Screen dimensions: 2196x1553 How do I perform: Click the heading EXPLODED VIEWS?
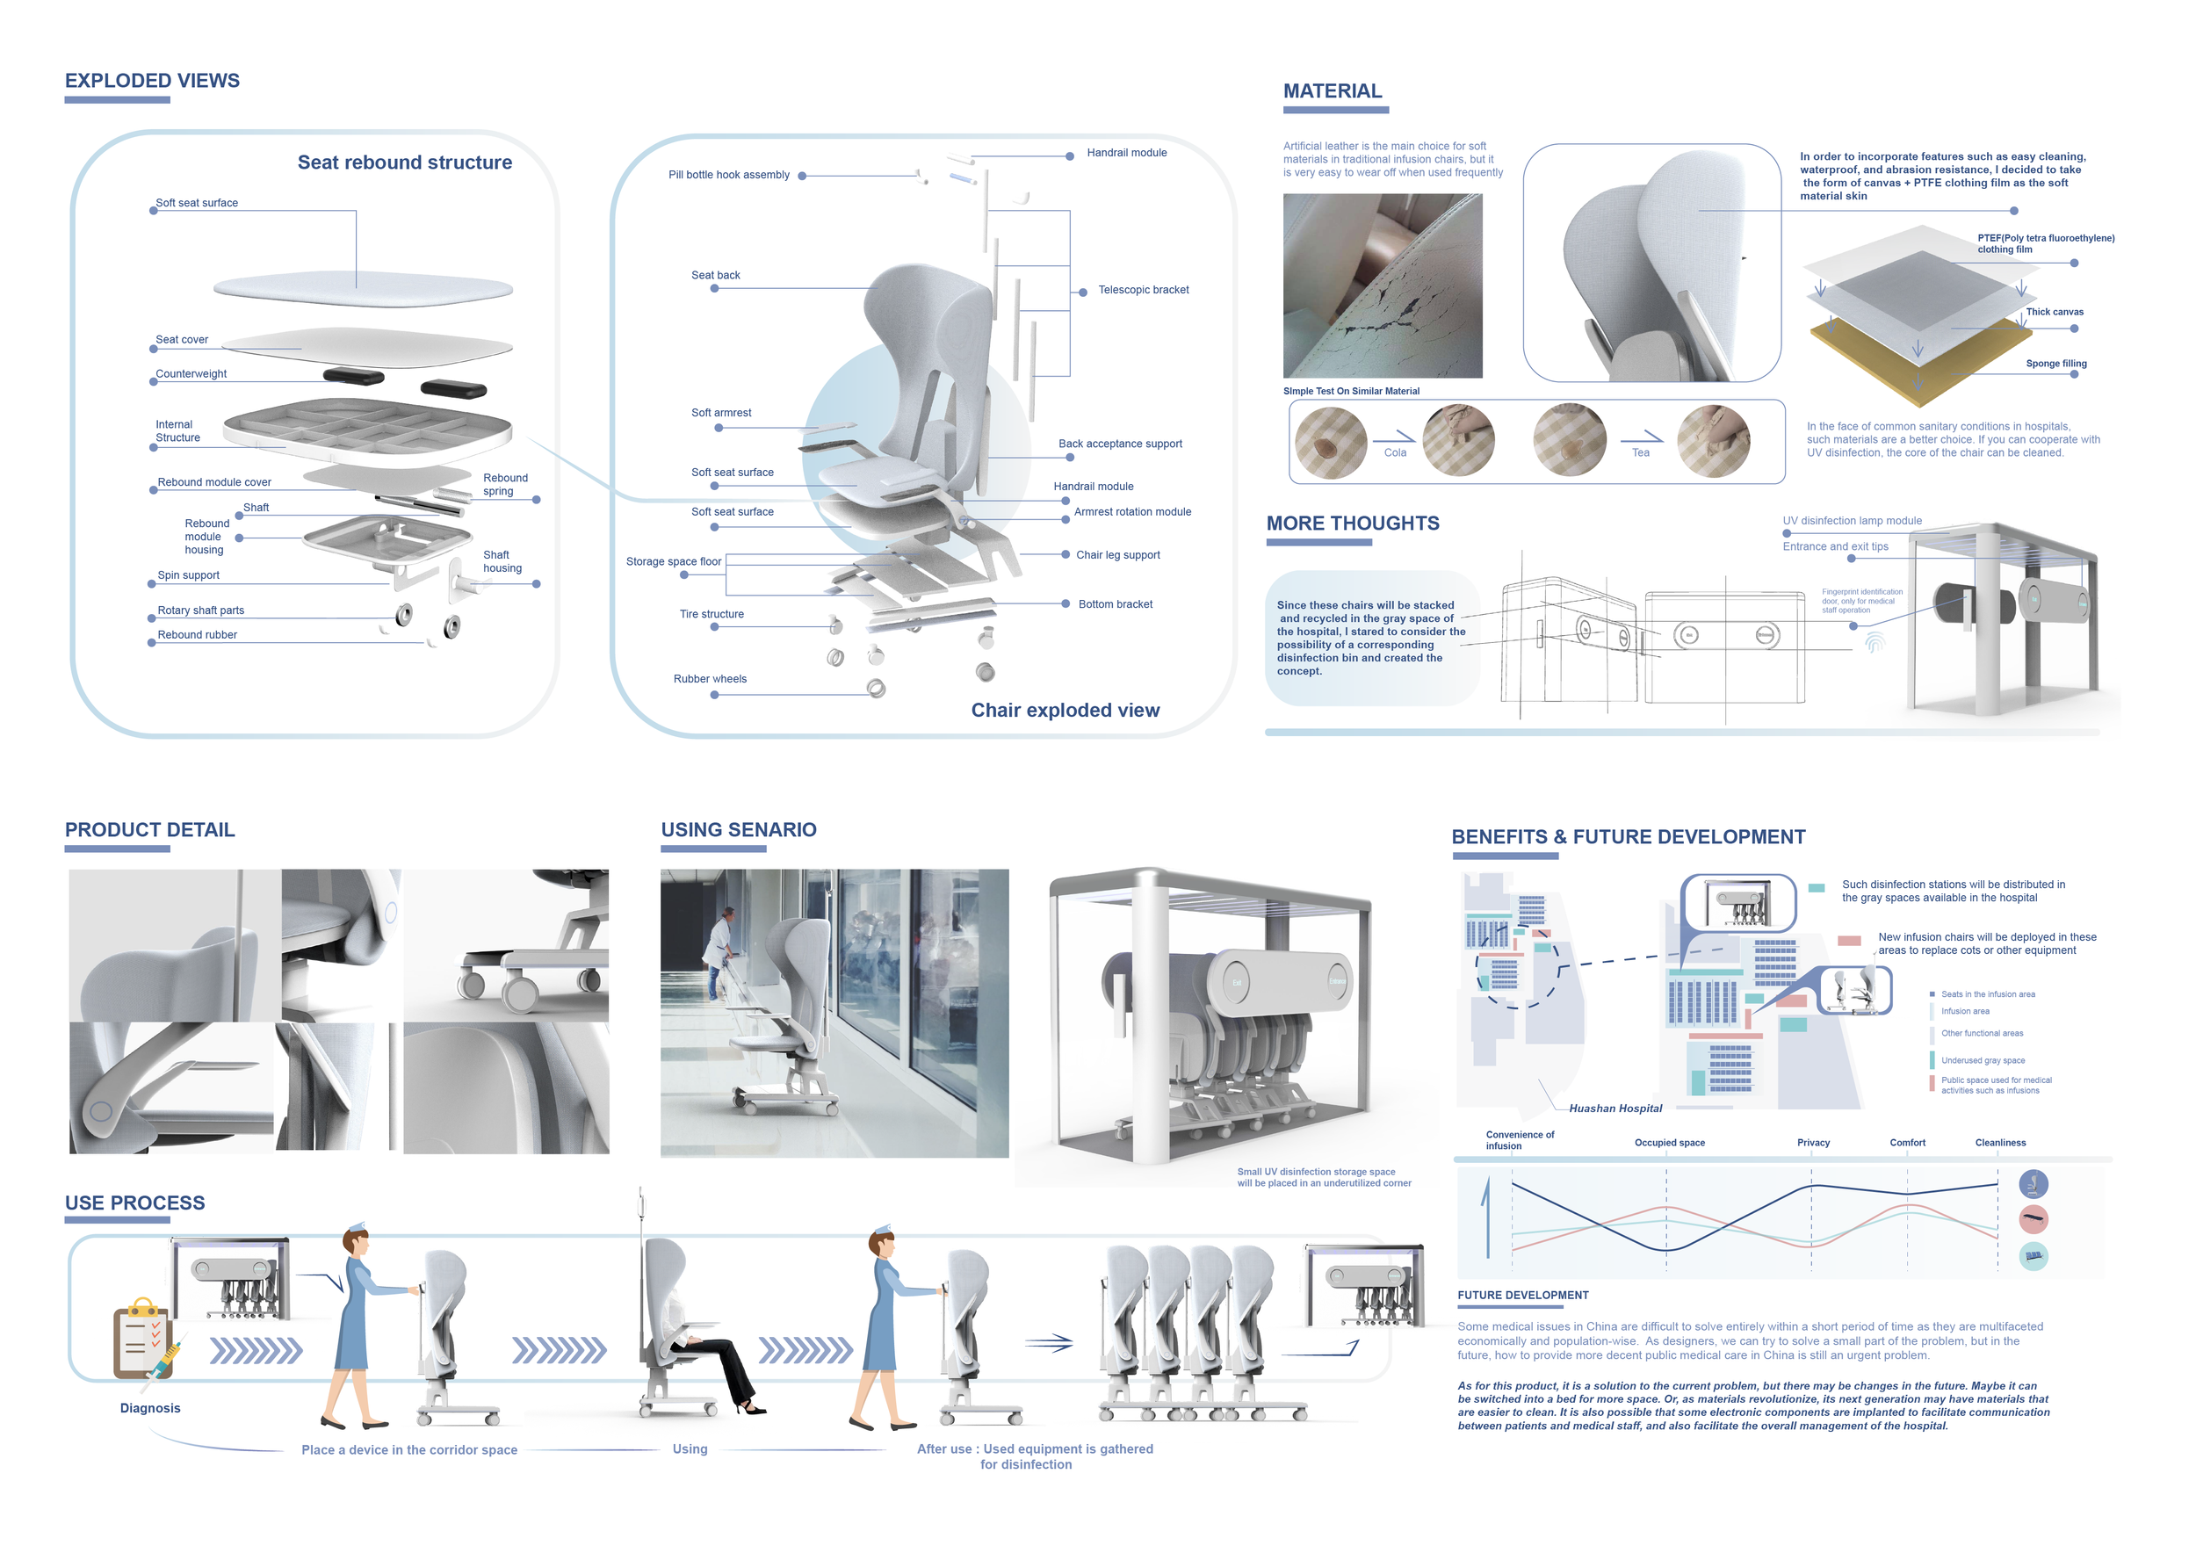tap(152, 82)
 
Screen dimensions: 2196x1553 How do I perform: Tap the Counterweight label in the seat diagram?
tap(191, 374)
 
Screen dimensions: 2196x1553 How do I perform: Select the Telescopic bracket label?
tap(1143, 290)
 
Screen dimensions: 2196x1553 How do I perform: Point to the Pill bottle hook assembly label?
tap(729, 175)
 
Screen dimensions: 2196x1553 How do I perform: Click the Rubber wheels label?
tap(710, 679)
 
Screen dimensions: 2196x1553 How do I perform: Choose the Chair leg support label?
tap(1117, 554)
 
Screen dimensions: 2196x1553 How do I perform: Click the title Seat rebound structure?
tap(405, 163)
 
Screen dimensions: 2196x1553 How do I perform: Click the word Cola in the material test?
tap(1395, 453)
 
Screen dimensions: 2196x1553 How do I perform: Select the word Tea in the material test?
tap(1640, 453)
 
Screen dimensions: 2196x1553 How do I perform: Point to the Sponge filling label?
tap(2055, 364)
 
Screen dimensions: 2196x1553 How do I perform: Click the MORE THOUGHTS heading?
tap(1353, 524)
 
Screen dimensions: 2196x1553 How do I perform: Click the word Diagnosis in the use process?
tap(150, 1408)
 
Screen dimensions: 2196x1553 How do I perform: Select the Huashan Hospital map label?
tap(1615, 1109)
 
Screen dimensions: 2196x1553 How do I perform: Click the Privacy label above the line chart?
tap(1812, 1143)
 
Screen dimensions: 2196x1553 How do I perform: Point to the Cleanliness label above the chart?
tap(2000, 1143)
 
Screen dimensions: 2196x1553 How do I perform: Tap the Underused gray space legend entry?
tap(1982, 1060)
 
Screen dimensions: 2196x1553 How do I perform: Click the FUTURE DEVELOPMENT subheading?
tap(1522, 1296)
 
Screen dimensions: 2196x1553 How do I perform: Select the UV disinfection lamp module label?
tap(1852, 521)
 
